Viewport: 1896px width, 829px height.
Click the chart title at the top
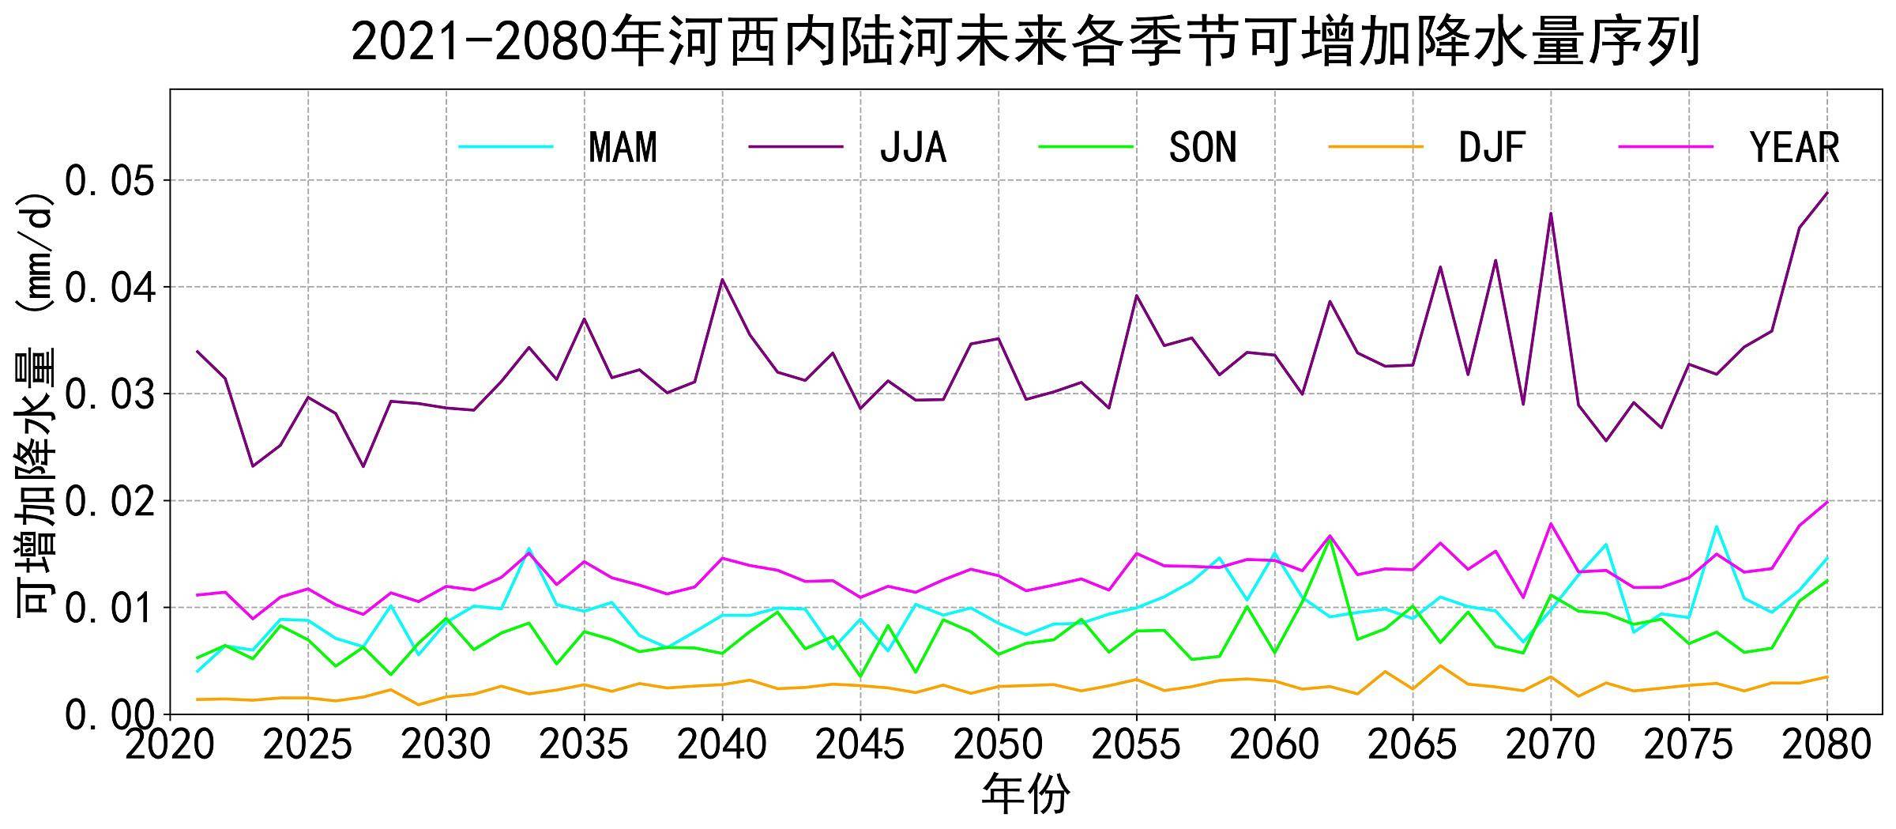1025,41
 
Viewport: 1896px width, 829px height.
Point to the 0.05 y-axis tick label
110,181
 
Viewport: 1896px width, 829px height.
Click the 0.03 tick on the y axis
110,394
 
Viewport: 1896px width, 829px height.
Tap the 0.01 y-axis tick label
110,608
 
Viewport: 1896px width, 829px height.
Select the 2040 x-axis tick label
722,744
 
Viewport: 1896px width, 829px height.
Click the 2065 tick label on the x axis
1413,744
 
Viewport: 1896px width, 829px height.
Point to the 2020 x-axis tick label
170,744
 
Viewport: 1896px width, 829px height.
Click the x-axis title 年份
1025,794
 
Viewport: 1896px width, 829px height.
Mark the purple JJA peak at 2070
1551,213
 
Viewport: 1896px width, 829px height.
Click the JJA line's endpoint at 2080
1826,193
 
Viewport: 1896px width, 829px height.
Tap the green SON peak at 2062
1330,540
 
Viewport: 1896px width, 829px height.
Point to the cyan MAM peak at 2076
1716,526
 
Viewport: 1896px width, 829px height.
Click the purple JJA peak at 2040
722,279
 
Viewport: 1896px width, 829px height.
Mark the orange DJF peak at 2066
1440,665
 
